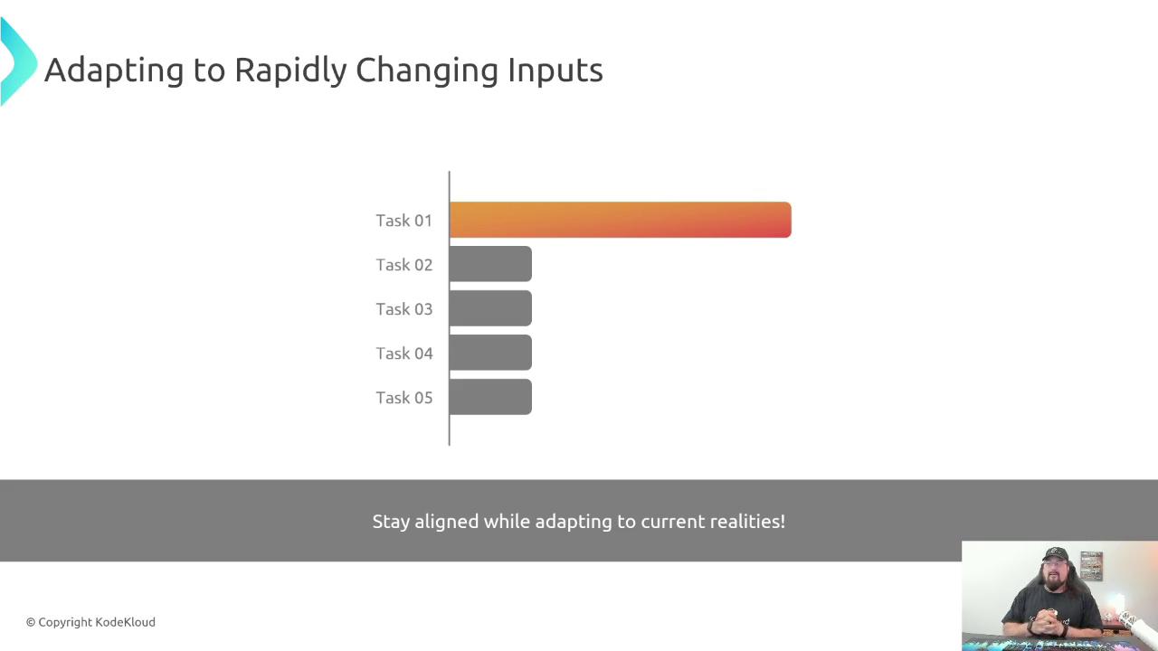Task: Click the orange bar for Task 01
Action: (621, 220)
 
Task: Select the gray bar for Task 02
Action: (490, 264)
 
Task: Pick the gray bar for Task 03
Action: (490, 308)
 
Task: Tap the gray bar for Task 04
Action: (490, 353)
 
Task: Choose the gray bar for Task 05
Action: (490, 397)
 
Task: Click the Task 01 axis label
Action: (403, 221)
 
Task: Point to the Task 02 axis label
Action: (403, 265)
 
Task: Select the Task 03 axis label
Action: (403, 309)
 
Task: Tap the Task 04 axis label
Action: (403, 354)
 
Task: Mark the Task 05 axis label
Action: (403, 399)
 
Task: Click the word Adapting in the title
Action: (114, 71)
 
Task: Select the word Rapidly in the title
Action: (290, 71)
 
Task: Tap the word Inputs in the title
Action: (555, 71)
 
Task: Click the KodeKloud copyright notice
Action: (90, 623)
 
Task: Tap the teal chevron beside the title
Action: (17, 62)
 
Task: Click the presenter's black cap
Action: (1055, 554)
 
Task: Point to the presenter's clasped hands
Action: (1048, 619)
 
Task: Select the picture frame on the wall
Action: (1091, 566)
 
